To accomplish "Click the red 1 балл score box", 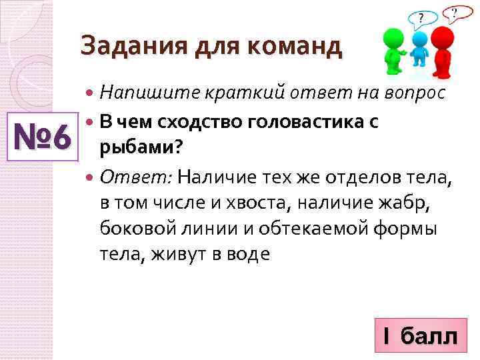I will [x=419, y=336].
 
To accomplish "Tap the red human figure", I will [x=442, y=53].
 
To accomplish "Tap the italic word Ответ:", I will [x=136, y=177].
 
